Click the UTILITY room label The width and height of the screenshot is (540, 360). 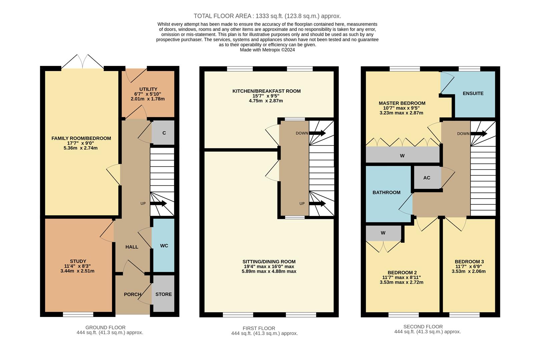point(148,89)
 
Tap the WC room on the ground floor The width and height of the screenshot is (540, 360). point(164,246)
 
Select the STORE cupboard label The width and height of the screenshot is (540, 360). point(163,294)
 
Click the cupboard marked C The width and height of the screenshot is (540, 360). point(164,133)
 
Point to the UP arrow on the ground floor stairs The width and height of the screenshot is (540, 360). point(159,203)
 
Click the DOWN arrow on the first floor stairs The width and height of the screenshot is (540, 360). point(318,133)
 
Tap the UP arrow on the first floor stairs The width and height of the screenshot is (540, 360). point(318,203)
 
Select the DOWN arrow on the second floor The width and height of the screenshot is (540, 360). point(479,134)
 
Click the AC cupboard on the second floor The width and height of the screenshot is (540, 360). point(427,178)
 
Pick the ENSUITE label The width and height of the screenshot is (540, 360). point(473,93)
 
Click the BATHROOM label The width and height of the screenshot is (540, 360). point(386,192)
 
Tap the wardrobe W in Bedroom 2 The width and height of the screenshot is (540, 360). point(383,233)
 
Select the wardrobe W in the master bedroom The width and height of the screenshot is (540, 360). point(402,156)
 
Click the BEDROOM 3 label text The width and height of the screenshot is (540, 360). point(469,262)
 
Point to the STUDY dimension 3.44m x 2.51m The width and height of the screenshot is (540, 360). point(77,271)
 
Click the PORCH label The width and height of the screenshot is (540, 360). point(132,294)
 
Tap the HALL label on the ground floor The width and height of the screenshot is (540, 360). point(132,247)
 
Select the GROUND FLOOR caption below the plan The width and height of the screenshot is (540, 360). point(105,327)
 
